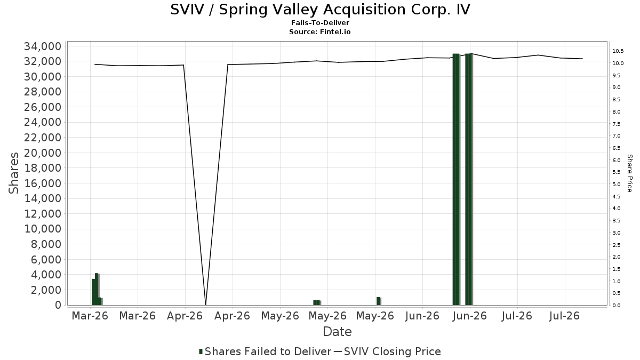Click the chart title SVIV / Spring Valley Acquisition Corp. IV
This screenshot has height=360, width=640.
320,10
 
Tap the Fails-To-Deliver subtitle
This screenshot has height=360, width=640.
320,22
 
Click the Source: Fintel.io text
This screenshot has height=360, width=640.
319,31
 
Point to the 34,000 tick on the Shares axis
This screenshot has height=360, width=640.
43,46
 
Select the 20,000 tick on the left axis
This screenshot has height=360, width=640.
43,153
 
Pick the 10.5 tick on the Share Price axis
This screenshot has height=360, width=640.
618,51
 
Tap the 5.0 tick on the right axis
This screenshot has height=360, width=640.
617,185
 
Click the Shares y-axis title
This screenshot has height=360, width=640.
13,173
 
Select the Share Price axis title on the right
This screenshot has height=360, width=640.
629,173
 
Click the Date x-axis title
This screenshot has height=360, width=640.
337,332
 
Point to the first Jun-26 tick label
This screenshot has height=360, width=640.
422,316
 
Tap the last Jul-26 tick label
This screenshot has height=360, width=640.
564,316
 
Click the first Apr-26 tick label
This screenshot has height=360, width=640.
185,316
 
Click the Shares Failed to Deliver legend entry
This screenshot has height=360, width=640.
265,351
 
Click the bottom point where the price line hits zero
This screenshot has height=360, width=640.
206,305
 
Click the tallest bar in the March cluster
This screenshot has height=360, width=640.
97,289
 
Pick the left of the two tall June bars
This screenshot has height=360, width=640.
456,179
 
